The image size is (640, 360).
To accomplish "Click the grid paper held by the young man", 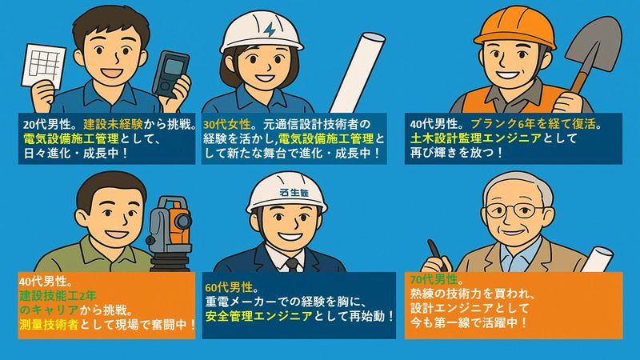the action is pos(43,66).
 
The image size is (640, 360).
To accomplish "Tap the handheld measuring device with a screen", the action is pos(171,74).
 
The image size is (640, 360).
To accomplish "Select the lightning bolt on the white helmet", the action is pos(270,30).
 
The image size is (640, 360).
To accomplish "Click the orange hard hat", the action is pos(514,27).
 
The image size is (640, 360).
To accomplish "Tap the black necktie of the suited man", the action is pos(292,265).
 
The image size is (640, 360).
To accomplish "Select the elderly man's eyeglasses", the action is pos(515,210).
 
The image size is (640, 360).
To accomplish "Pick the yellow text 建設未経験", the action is pos(113,124).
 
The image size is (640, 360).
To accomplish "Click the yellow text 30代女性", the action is pos(227,124).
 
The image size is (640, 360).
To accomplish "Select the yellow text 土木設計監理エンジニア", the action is pos(475,138).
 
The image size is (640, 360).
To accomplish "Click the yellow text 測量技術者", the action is pos(49,325).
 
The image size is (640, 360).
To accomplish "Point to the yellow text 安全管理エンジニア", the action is pos(258,316).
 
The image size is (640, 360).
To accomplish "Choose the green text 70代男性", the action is pos(434,279).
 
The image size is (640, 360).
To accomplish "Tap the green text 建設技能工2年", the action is pos(58,295).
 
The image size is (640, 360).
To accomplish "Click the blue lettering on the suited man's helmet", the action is pos(294,192).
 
